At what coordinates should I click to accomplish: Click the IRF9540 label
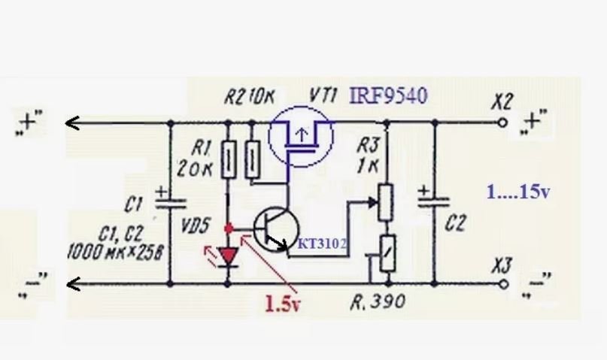(388, 96)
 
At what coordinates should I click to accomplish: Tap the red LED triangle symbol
(229, 256)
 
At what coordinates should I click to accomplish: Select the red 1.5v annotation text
(282, 304)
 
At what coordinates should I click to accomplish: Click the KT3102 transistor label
(322, 244)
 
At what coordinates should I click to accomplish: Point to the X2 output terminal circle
(502, 123)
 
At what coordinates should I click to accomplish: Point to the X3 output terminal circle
(503, 284)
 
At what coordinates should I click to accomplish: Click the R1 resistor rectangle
(229, 159)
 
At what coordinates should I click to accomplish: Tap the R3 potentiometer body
(387, 202)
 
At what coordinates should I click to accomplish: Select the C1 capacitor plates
(170, 203)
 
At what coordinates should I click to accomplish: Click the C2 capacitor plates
(434, 203)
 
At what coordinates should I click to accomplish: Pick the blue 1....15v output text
(518, 192)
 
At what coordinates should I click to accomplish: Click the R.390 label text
(378, 302)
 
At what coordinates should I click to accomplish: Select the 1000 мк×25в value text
(115, 252)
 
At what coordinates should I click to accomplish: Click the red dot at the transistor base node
(229, 228)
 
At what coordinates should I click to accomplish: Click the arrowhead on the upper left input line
(72, 123)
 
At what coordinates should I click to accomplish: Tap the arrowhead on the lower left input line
(74, 285)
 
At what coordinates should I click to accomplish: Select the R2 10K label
(250, 98)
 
